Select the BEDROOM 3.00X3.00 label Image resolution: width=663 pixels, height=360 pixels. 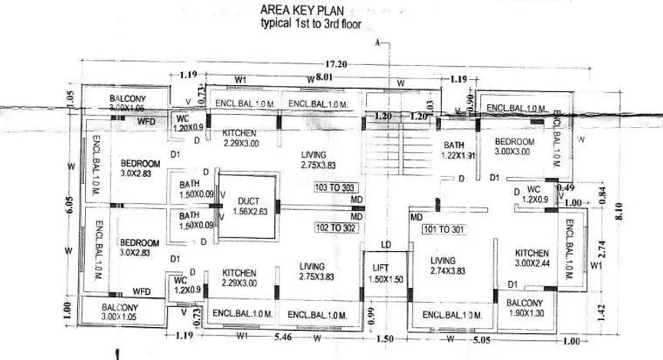514,146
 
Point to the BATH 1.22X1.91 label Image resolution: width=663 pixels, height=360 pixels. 460,150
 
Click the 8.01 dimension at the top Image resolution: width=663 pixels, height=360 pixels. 326,77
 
